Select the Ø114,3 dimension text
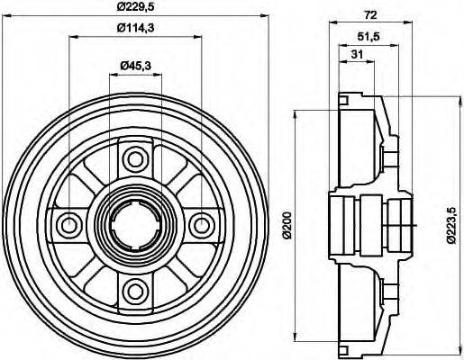coord(135,28)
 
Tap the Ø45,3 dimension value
coord(135,64)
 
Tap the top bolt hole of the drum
coord(135,160)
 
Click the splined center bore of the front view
coord(135,224)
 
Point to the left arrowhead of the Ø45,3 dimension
coord(113,74)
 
